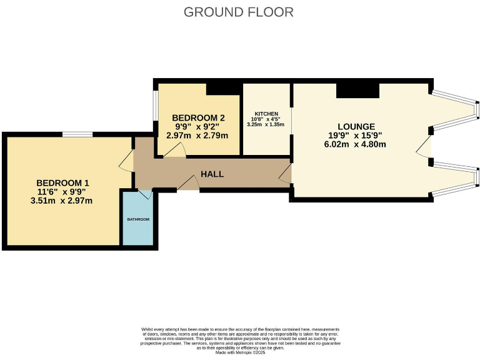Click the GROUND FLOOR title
pos(239,12)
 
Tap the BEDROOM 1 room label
pos(63,183)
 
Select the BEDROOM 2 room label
pos(198,117)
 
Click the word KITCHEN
pos(267,113)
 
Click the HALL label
pos(212,174)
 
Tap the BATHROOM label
pos(138,219)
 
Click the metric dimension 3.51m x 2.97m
pos(63,201)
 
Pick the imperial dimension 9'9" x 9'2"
pos(198,126)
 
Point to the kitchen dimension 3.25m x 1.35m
pos(267,124)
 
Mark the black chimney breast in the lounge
pos(357,91)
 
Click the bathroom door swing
pos(145,195)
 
